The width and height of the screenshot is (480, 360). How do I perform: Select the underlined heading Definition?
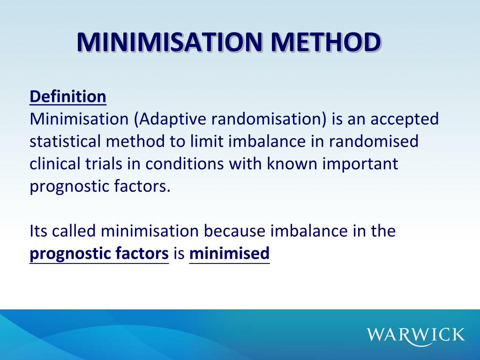pyautogui.click(x=68, y=97)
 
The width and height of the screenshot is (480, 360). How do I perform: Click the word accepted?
pyautogui.click(x=405, y=119)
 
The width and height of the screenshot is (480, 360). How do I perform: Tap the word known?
pyautogui.click(x=292, y=164)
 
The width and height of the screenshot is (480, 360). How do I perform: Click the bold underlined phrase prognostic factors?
pyautogui.click(x=99, y=254)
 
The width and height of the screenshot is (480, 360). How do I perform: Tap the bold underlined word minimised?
pyautogui.click(x=229, y=254)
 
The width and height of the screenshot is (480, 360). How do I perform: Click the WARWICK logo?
pyautogui.click(x=416, y=335)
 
